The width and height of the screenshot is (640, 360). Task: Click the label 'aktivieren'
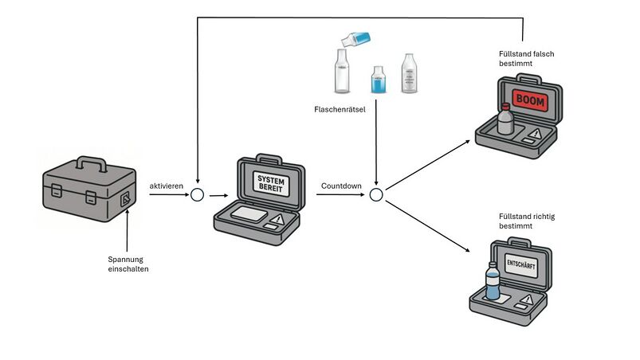(x=167, y=186)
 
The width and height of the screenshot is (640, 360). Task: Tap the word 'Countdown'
(x=341, y=186)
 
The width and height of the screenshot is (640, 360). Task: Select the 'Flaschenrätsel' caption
(x=340, y=109)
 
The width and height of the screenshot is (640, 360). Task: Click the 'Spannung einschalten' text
(x=128, y=264)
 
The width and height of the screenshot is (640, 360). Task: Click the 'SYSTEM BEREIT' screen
(x=270, y=183)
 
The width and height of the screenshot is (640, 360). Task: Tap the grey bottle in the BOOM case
(x=504, y=120)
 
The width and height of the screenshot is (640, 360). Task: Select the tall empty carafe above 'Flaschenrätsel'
(x=341, y=72)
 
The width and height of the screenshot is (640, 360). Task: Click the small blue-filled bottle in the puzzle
(x=378, y=80)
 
